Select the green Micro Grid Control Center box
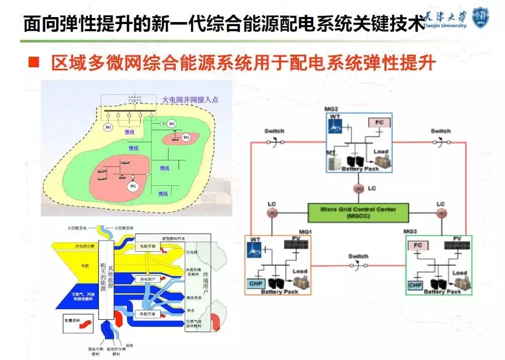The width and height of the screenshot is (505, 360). tap(358, 211)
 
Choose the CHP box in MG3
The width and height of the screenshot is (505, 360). tap(415, 285)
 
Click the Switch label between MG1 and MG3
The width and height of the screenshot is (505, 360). tap(358, 257)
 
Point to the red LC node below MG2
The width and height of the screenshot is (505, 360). tap(358, 188)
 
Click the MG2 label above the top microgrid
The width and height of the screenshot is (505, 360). tap(332, 108)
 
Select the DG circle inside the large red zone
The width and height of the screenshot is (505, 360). tap(133, 186)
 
